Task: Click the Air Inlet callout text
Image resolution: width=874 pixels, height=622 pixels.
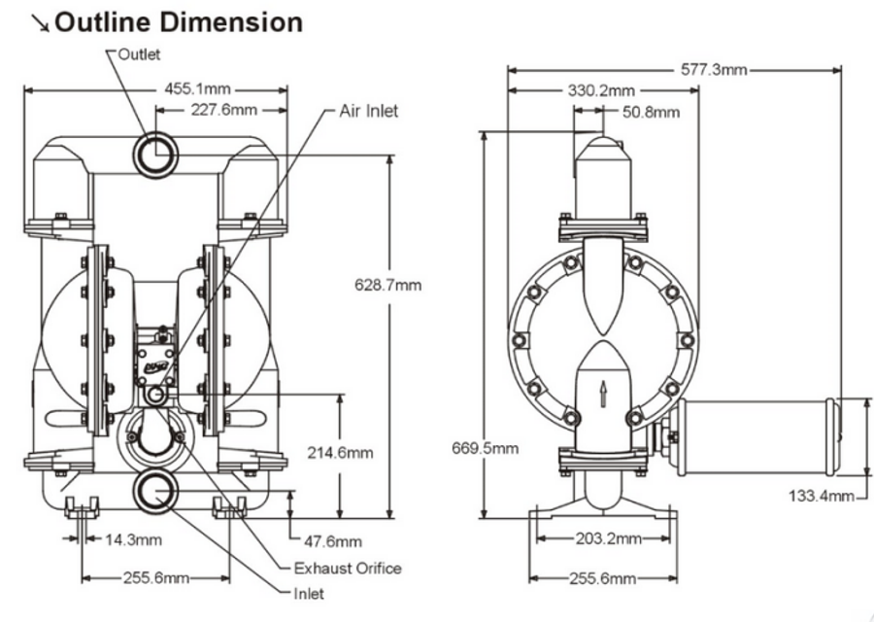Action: pos(368,111)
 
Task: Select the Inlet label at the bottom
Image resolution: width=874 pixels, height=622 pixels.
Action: pos(308,593)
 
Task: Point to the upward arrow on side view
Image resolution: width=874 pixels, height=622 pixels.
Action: pos(603,393)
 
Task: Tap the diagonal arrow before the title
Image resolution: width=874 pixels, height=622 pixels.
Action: pos(39,22)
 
